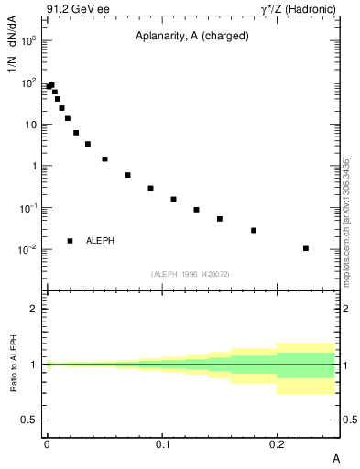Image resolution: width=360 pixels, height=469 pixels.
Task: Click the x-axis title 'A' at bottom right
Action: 336,456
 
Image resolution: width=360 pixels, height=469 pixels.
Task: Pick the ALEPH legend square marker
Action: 70,241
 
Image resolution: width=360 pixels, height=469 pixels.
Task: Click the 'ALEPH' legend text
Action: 100,241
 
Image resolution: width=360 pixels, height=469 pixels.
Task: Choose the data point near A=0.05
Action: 104,159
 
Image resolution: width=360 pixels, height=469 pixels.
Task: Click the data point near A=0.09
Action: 150,188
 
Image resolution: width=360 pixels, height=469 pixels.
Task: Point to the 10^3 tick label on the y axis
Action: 29,41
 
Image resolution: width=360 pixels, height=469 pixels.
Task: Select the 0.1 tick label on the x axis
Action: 162,442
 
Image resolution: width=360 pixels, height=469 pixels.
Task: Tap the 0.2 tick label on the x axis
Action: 278,442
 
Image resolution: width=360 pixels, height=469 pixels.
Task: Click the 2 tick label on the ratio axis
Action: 33,309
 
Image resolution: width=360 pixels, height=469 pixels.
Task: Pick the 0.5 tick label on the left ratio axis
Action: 28,420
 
